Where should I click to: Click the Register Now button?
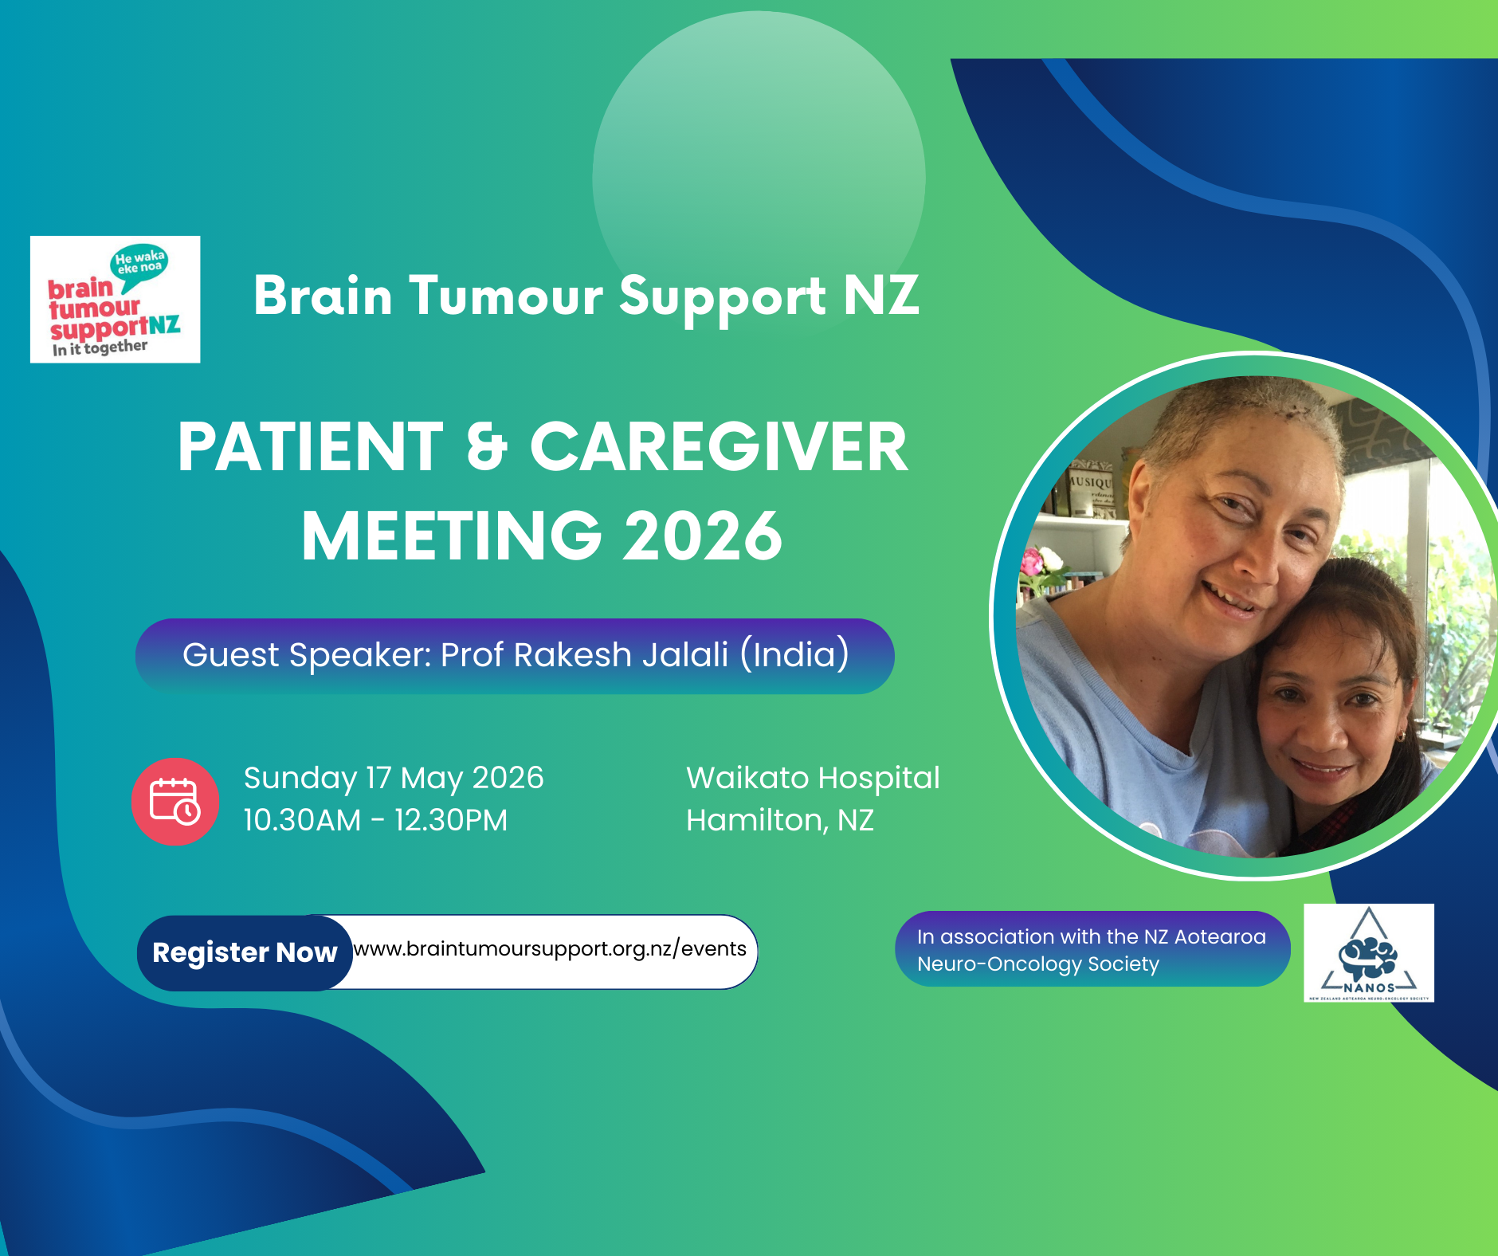[x=245, y=952]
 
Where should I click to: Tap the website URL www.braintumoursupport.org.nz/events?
[x=550, y=949]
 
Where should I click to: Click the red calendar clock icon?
[x=175, y=801]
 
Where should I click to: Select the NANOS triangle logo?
[x=1368, y=952]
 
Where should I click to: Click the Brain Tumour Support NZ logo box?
[x=115, y=300]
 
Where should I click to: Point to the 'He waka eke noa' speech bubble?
[x=139, y=262]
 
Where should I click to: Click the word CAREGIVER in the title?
[x=718, y=447]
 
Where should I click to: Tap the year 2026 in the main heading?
[x=703, y=536]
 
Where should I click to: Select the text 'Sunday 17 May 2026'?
[x=394, y=778]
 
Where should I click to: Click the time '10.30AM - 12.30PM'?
[x=375, y=820]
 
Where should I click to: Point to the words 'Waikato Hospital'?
[x=813, y=778]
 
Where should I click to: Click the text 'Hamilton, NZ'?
[x=780, y=820]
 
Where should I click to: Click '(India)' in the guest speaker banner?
[x=794, y=655]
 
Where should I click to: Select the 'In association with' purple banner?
[x=1092, y=949]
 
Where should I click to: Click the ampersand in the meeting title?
[x=487, y=447]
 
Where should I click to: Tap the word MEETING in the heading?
[x=451, y=536]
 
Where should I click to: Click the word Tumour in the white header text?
[x=506, y=296]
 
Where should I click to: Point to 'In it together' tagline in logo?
[x=100, y=348]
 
